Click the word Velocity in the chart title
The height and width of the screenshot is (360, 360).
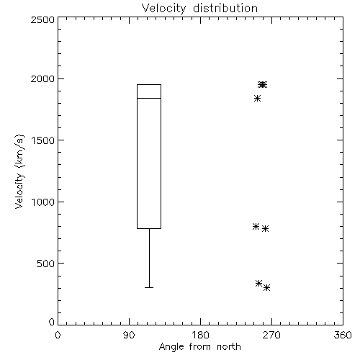tap(164, 9)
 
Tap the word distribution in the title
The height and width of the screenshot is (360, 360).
tap(225, 8)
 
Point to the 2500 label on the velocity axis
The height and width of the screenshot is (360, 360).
tap(42, 19)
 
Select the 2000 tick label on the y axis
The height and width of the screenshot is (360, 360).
tap(42, 78)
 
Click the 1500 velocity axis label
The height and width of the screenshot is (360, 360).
tap(43, 140)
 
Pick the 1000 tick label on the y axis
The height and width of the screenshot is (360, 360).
tap(43, 202)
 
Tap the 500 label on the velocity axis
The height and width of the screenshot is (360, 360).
tap(46, 264)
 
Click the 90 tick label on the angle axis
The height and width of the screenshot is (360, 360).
tap(129, 335)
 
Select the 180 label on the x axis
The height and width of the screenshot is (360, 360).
tap(200, 335)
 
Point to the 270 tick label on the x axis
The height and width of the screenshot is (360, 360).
tap(271, 335)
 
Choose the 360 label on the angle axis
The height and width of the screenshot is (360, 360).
tap(343, 335)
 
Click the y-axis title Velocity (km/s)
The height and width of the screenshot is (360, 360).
tap(19, 171)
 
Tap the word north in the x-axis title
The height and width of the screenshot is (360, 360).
tap(229, 347)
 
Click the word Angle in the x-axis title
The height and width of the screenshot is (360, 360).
tap(171, 347)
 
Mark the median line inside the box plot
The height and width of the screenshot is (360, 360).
tap(149, 98)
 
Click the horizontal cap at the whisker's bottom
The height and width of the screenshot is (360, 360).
tap(149, 287)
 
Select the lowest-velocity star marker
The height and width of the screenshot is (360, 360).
tap(266, 287)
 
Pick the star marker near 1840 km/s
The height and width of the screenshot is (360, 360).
tap(257, 98)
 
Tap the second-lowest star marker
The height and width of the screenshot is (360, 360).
tap(258, 283)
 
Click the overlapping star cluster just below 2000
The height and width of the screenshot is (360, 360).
tap(262, 84)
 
